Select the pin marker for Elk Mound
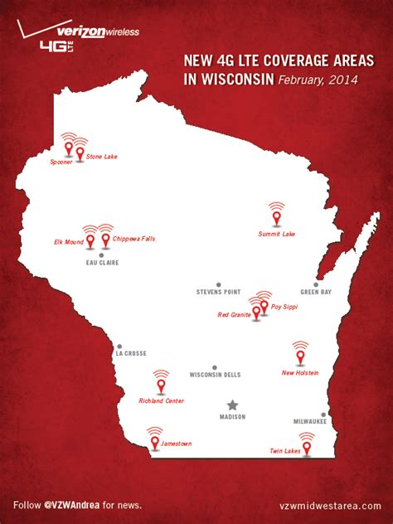(90, 241)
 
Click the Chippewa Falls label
(133, 239)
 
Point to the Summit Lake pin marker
(277, 217)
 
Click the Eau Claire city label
(103, 263)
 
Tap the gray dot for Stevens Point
(219, 284)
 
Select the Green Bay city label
(316, 292)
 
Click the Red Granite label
(233, 314)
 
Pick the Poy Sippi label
(284, 307)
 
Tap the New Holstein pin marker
(300, 357)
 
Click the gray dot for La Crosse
(119, 347)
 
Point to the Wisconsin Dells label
(215, 375)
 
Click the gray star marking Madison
(232, 405)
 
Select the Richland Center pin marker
(161, 386)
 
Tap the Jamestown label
(176, 444)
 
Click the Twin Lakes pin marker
(307, 448)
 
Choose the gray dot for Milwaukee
(323, 414)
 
